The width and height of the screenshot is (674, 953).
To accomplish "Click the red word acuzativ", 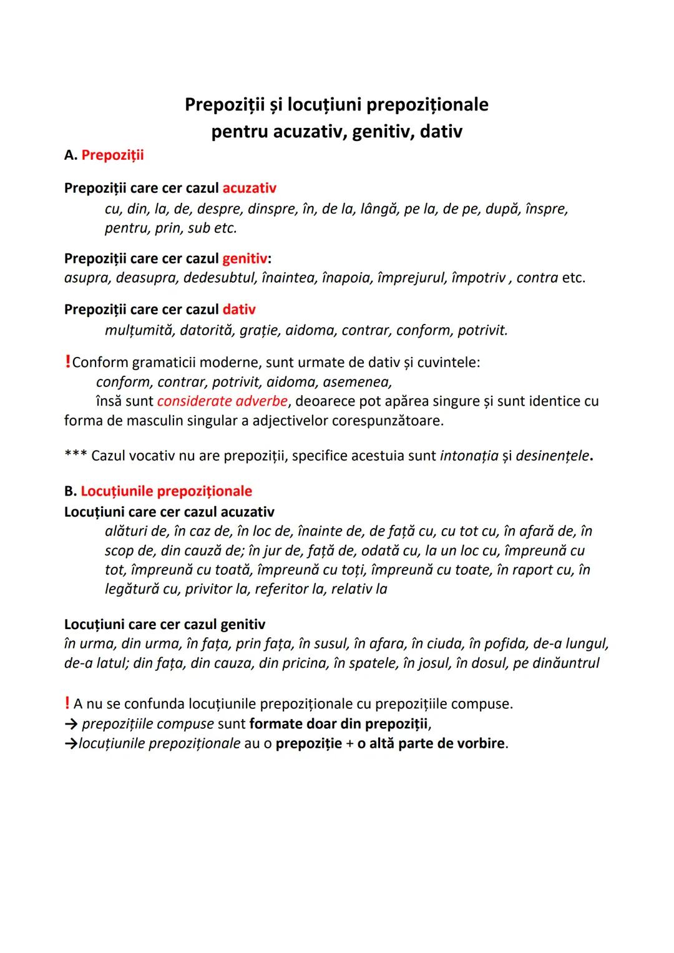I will [249, 188].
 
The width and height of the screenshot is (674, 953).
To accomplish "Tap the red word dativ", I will [239, 310].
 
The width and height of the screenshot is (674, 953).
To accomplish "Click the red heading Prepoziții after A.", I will [112, 155].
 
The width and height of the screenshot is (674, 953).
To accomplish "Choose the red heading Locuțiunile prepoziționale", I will [167, 491].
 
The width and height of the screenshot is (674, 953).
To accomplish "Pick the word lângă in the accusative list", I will [378, 208].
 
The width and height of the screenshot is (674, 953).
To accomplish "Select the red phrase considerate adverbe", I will [222, 401].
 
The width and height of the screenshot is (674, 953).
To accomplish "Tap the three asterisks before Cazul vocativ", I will [75, 455].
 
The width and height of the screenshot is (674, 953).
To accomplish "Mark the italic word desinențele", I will [552, 456].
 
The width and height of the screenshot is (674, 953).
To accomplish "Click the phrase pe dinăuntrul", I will [556, 663].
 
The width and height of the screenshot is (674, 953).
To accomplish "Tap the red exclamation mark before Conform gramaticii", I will [67, 363].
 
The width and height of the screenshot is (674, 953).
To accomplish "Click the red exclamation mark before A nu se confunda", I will [67, 704].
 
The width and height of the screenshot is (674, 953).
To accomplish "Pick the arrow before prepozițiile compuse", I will [71, 724].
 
